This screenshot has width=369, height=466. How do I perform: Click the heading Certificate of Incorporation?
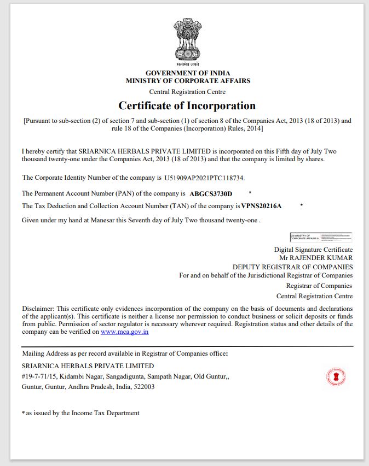[187, 105]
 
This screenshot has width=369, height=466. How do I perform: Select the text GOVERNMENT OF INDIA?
[188, 73]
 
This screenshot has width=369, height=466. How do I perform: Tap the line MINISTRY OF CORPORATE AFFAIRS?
[188, 81]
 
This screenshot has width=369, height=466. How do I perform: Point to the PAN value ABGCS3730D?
[211, 194]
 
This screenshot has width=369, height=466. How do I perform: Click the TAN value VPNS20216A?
[261, 206]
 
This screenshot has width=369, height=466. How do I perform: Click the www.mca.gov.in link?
[125, 332]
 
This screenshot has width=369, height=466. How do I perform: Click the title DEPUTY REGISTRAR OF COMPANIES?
[292, 267]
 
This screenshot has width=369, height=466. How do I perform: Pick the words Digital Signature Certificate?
[313, 250]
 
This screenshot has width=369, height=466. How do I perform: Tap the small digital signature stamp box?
[320, 237]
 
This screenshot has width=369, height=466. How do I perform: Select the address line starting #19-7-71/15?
[118, 376]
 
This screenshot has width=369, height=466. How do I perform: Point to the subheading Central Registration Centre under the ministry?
[187, 92]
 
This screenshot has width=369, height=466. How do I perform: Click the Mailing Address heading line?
[125, 353]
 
